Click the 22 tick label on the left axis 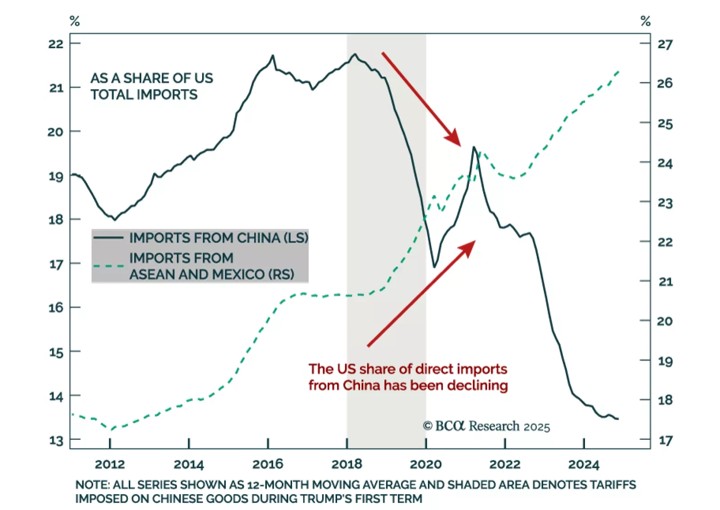point(56,44)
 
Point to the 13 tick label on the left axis point(56,440)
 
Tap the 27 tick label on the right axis point(665,45)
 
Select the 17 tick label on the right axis point(666,440)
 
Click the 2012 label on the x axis point(110,464)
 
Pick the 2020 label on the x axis point(426,464)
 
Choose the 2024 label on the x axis point(584,464)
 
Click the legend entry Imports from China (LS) point(219,238)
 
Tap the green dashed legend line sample point(108,266)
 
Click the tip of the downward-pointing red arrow point(460,146)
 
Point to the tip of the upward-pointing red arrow point(475,241)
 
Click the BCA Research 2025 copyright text point(486,426)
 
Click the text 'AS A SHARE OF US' point(152,78)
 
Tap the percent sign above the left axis point(75,21)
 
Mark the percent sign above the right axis point(646,21)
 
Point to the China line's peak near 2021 point(474,147)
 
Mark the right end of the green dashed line point(620,71)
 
